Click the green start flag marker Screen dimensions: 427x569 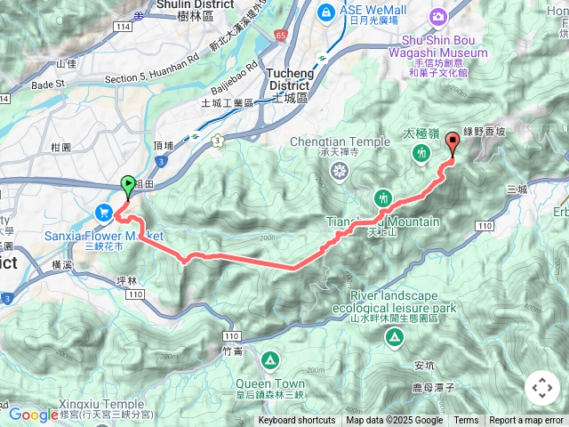tap(127, 185)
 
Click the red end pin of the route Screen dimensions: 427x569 tap(452, 141)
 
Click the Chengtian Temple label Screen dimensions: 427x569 tap(339, 141)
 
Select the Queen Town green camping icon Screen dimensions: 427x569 tap(269, 359)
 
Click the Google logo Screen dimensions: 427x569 tap(33, 414)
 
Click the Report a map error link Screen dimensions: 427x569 tap(526, 421)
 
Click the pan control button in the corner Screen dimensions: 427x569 tap(541, 388)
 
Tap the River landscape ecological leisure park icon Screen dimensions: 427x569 tap(392, 337)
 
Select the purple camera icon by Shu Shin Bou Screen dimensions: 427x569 tap(438, 16)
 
